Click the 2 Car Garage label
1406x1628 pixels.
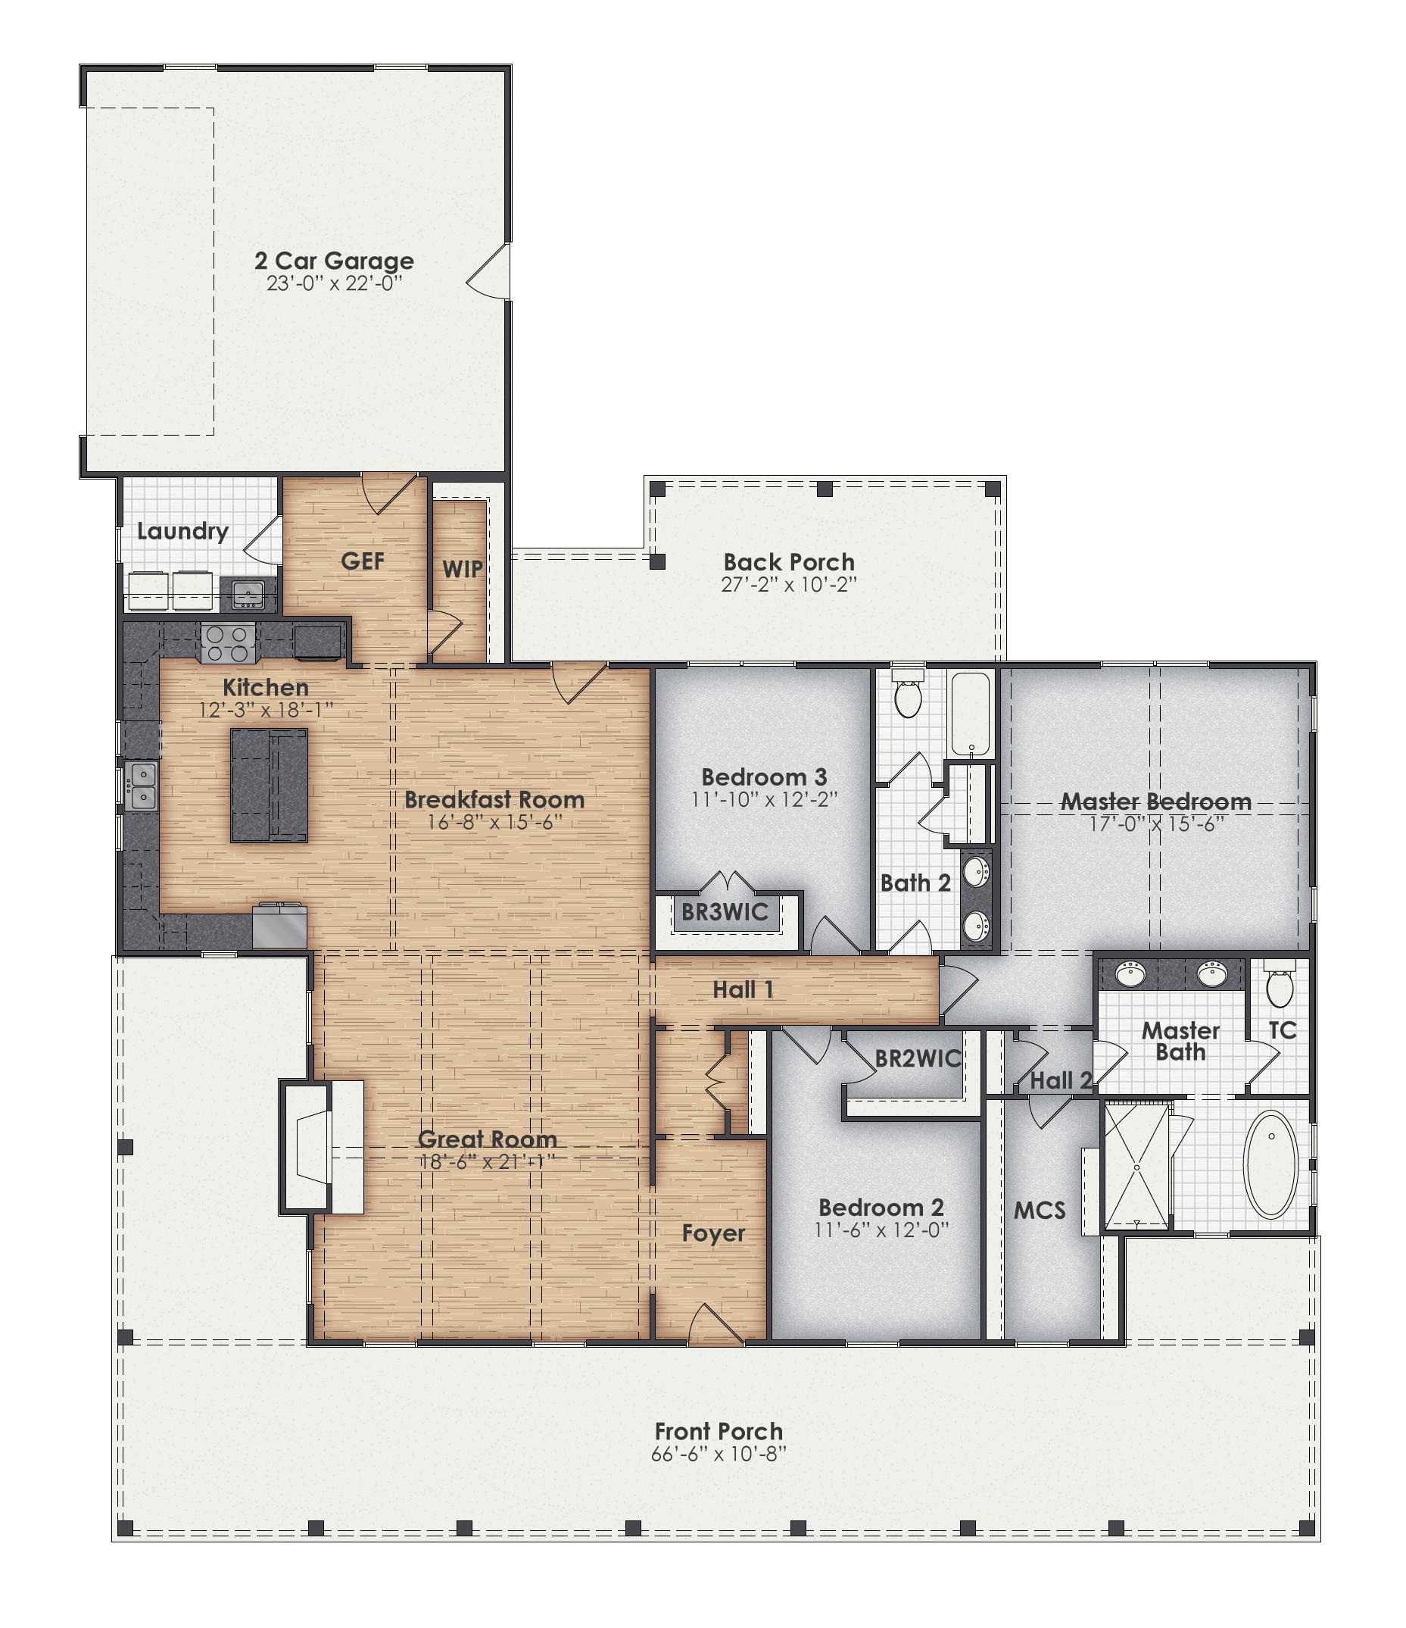[334, 261]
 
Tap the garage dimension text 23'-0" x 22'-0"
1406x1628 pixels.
[334, 283]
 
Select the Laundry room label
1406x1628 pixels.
[182, 531]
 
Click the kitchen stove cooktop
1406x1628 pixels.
[228, 643]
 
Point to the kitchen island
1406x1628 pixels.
[269, 785]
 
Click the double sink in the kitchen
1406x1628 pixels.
[142, 786]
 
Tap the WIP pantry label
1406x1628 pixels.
[462, 569]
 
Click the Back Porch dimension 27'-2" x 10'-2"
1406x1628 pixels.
[788, 585]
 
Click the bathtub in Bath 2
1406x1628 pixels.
[971, 714]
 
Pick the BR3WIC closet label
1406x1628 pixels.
[725, 912]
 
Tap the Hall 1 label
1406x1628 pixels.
[742, 990]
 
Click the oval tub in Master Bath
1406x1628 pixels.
[1271, 1164]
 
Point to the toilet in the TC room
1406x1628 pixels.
[1280, 986]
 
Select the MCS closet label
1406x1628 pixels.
[1040, 1211]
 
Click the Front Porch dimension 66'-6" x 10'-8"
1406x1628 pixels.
[718, 1455]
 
